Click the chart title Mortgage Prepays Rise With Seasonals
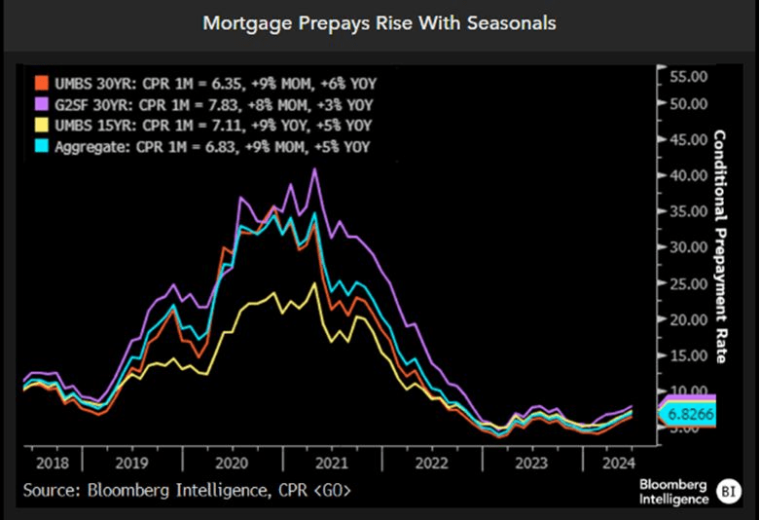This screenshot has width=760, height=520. tap(380, 22)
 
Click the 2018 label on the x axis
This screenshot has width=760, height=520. tap(51, 464)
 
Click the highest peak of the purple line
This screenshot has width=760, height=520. tap(314, 169)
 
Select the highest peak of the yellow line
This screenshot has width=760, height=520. tap(314, 284)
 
